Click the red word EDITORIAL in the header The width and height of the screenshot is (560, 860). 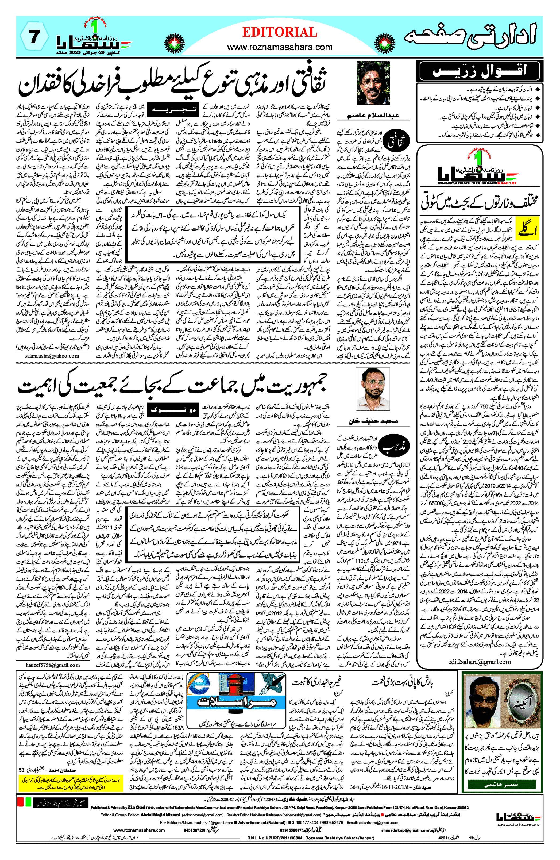[x=280, y=33]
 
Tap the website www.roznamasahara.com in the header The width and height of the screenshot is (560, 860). [x=280, y=47]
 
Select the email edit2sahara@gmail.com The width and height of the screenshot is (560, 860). [x=480, y=662]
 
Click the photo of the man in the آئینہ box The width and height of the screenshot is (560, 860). [x=484, y=710]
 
